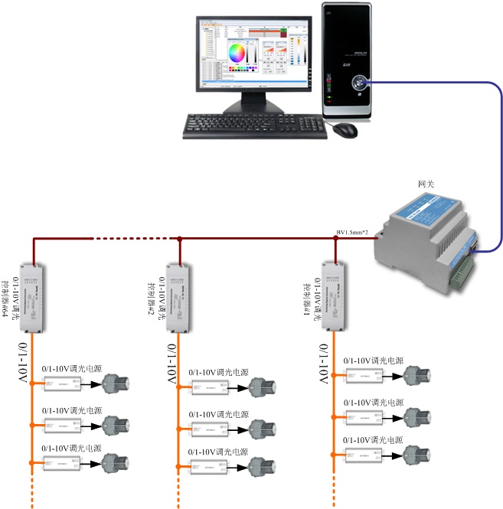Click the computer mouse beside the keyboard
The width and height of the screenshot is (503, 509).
[345, 130]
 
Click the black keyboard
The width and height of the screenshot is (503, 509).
[256, 126]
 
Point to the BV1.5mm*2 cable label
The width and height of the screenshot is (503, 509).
[354, 232]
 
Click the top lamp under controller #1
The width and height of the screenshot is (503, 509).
[419, 375]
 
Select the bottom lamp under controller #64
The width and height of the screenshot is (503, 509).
[117, 462]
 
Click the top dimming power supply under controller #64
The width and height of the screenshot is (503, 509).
[61, 383]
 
